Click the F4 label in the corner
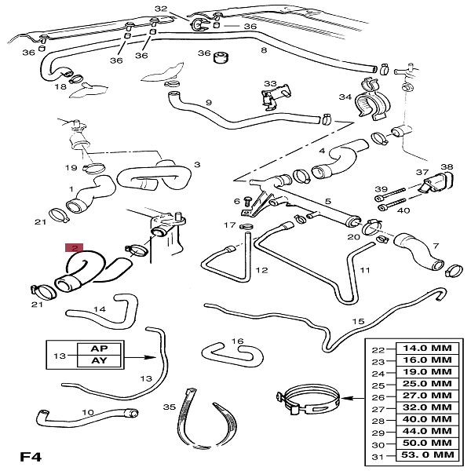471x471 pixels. tap(31, 455)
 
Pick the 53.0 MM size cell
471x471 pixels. tap(428, 455)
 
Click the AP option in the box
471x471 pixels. tap(99, 348)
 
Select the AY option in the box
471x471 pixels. tap(99, 361)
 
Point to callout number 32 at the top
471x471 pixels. tap(161, 9)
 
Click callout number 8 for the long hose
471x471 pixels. tap(263, 50)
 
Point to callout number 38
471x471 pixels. tap(447, 167)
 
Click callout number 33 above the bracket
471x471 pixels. tap(270, 84)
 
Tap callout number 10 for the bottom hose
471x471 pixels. tap(88, 412)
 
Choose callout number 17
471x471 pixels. tap(229, 225)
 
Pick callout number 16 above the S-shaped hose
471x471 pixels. tap(237, 341)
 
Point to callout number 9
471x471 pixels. tap(209, 103)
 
